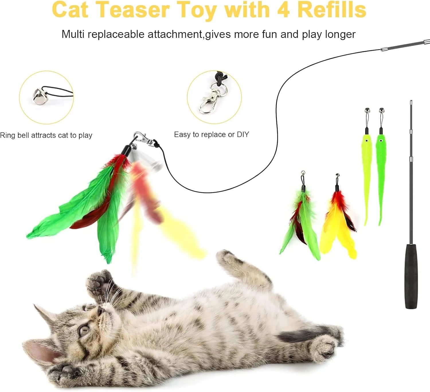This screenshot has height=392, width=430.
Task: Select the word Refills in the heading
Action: [332, 10]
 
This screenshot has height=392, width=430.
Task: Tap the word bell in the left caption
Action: [24, 135]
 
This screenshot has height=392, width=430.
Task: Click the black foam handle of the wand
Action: [411, 275]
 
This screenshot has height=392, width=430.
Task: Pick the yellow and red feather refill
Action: [338, 221]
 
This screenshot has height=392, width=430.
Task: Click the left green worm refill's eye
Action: [366, 140]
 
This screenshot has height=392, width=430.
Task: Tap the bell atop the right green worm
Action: [382, 110]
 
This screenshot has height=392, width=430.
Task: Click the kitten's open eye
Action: [84, 331]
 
